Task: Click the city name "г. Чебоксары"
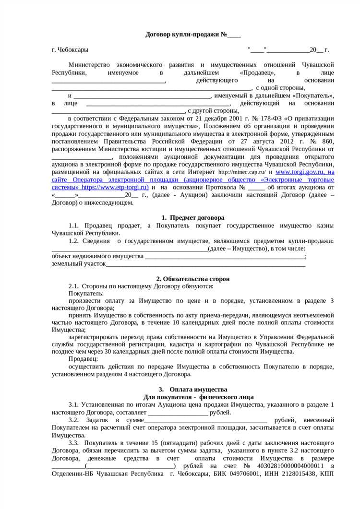[x=70, y=50]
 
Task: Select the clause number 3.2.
[x=73, y=420]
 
